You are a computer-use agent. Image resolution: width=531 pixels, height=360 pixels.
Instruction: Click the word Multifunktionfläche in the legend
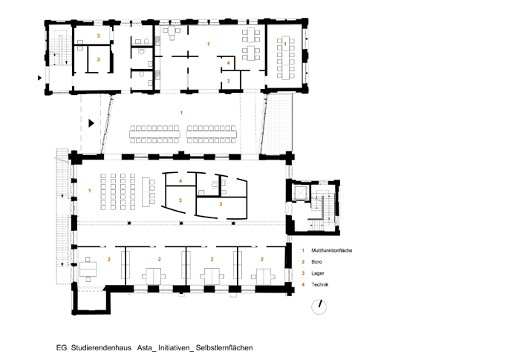tap(331, 250)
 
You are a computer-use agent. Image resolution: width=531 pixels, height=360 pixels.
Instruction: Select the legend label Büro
tap(316, 262)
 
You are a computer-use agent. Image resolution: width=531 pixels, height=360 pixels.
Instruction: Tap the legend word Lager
tap(318, 273)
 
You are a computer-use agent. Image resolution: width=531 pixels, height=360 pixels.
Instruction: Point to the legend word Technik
tap(320, 284)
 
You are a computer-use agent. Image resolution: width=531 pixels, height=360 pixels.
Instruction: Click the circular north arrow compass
tap(319, 307)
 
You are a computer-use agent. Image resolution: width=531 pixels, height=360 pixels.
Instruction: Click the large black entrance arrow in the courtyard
tap(91, 123)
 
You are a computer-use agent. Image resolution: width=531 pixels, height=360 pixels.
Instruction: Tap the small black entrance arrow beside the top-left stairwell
tap(39, 78)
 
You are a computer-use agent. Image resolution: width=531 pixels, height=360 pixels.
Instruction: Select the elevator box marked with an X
tap(300, 193)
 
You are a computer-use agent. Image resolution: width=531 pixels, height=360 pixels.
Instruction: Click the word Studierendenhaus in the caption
tap(101, 348)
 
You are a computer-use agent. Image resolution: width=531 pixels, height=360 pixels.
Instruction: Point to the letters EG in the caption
tap(62, 348)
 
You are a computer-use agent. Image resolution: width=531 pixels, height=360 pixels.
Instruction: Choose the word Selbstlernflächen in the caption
tap(224, 348)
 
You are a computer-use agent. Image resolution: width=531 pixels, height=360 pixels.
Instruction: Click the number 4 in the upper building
tap(229, 63)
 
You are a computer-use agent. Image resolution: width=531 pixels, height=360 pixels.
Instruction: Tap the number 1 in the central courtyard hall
tap(181, 113)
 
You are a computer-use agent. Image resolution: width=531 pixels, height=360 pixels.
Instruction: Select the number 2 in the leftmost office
tap(109, 260)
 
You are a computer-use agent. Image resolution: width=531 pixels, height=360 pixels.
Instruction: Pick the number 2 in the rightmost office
tap(261, 260)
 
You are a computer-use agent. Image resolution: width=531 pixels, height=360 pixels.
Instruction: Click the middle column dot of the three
tap(181, 223)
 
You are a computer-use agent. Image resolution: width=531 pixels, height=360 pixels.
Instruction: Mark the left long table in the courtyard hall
tap(154, 134)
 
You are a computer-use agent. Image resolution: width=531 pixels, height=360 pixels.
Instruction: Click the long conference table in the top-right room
tap(285, 57)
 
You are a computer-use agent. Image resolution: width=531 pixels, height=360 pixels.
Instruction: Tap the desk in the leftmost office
tap(88, 269)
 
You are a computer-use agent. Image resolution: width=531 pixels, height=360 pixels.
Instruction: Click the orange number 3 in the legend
tap(303, 273)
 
